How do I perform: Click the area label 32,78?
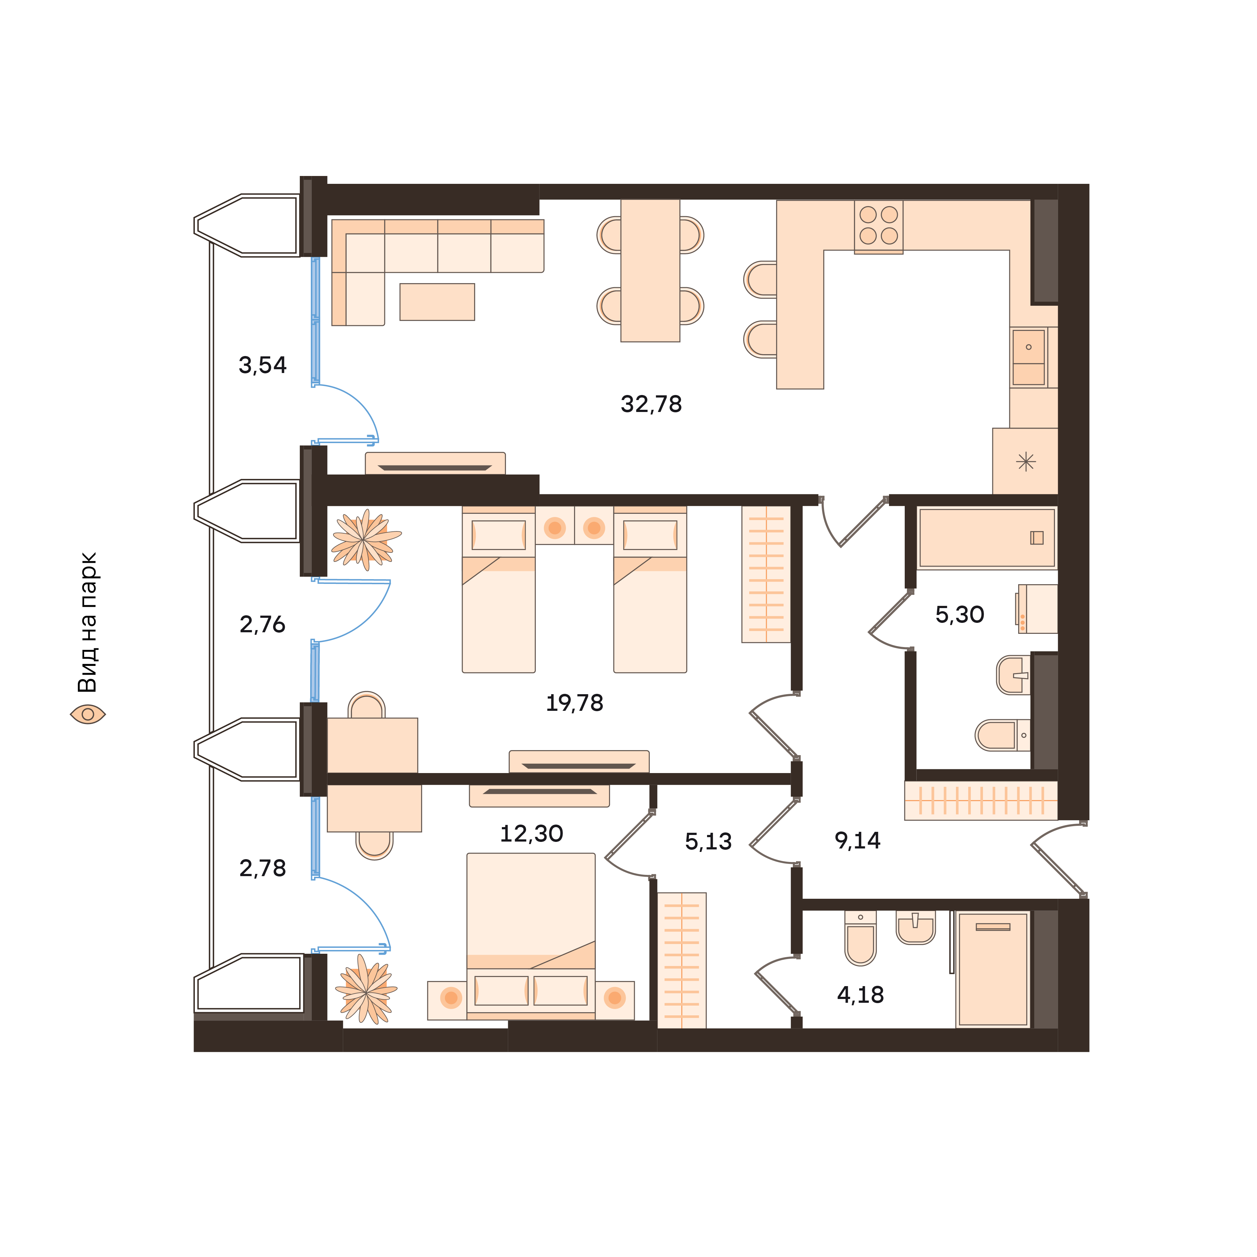(651, 404)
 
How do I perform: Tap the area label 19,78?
(574, 703)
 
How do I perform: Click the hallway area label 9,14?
(858, 841)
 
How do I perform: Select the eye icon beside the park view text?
(88, 714)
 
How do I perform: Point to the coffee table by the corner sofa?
(437, 302)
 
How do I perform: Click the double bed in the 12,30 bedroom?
(531, 936)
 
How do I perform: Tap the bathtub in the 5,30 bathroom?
(986, 538)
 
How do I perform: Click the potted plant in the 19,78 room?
(365, 539)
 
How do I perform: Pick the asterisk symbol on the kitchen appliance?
(1025, 462)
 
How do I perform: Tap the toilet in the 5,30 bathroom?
(1002, 735)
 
